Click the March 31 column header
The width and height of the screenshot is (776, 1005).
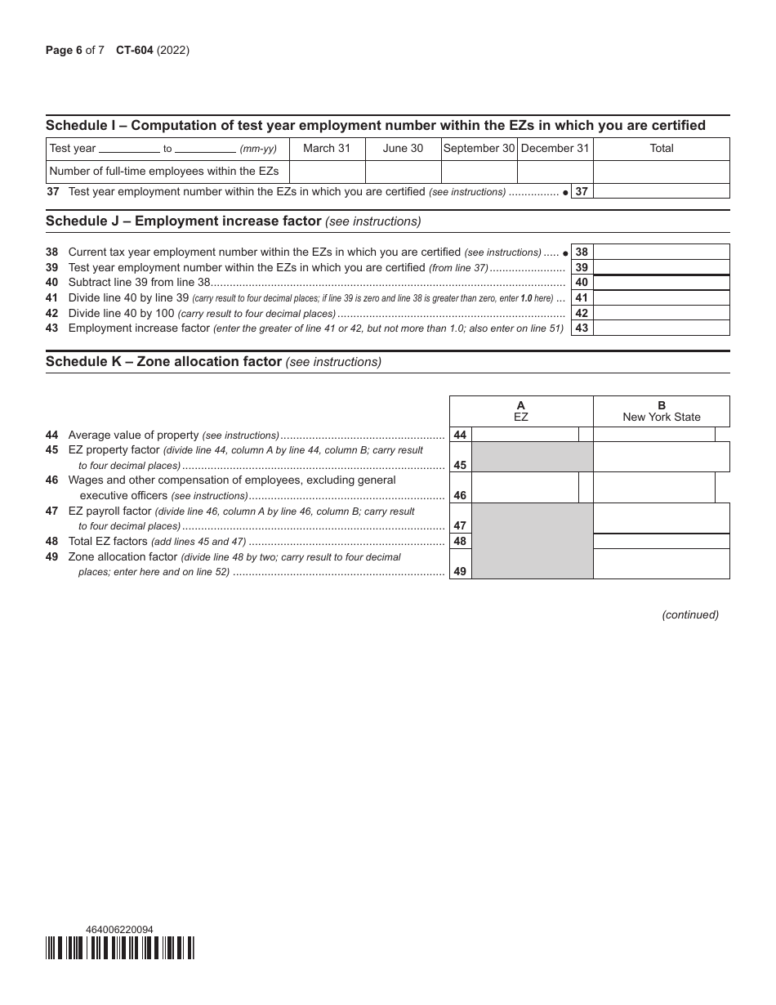[327, 149]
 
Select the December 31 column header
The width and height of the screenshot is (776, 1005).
[555, 149]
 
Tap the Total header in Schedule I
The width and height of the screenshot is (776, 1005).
[661, 149]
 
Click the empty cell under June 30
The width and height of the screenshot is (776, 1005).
[403, 172]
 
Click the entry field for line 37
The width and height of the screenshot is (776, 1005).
[661, 192]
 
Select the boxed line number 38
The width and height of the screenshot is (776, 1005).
[582, 252]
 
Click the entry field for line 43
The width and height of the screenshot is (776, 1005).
[661, 328]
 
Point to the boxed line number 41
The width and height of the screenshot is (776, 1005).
[582, 298]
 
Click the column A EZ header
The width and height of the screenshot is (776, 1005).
[521, 411]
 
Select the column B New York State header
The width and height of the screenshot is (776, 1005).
[661, 411]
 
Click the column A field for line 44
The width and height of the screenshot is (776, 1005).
[524, 435]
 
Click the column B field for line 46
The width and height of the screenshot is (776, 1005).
[653, 488]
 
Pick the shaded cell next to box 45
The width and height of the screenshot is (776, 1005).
[532, 458]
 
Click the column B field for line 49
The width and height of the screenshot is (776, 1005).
[661, 564]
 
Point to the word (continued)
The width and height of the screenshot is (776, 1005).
[690, 615]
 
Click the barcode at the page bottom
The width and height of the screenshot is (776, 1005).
[120, 948]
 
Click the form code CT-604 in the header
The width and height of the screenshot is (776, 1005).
[135, 51]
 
